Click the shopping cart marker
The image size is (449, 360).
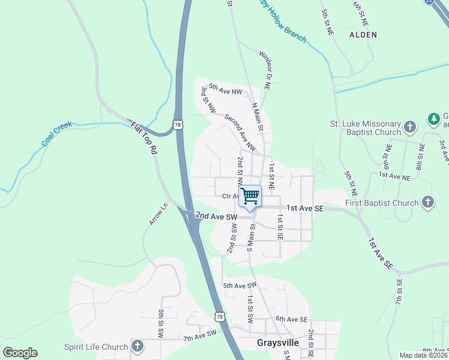(250, 195)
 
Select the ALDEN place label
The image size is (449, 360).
(363, 35)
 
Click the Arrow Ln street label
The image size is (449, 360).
(155, 212)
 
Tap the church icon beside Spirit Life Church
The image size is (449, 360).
(137, 346)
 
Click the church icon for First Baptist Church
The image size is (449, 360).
(427, 202)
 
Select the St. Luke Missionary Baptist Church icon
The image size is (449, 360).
(409, 127)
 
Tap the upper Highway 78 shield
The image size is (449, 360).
(176, 125)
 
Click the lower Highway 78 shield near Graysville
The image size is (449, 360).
(220, 316)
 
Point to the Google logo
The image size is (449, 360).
(20, 353)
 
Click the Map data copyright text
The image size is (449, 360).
(423, 355)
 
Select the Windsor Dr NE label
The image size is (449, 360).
(265, 70)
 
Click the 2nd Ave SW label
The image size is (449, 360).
(213, 215)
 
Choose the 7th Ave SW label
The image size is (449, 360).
(200, 337)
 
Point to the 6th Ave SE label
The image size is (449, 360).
(292, 319)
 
